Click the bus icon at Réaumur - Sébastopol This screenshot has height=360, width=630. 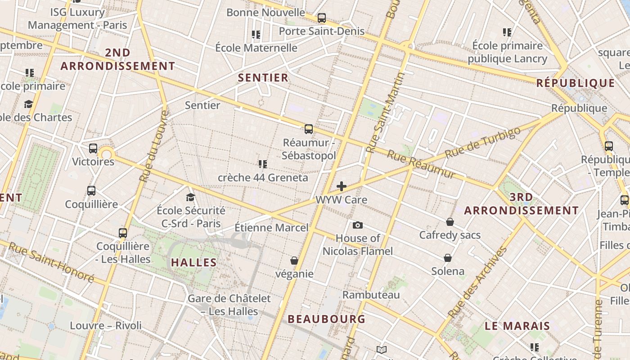[309, 129]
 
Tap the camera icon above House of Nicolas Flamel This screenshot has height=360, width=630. [358, 225]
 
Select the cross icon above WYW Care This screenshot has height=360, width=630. [342, 186]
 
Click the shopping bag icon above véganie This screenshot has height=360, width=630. [294, 261]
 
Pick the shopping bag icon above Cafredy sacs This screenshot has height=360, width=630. [450, 222]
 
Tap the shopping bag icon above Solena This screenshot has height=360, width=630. [448, 258]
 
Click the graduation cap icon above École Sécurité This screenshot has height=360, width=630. [191, 197]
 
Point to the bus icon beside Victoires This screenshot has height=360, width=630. [93, 148]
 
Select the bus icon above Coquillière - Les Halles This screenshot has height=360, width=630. [123, 233]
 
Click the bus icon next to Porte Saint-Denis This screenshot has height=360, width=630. [322, 18]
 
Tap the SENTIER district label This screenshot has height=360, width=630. [263, 78]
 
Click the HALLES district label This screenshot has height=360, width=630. [194, 263]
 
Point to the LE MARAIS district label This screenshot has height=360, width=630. [517, 326]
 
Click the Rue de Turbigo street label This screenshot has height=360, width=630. [482, 142]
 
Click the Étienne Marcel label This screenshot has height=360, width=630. [272, 228]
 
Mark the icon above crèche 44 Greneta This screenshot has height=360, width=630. [263, 164]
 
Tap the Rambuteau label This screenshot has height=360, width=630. [371, 295]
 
